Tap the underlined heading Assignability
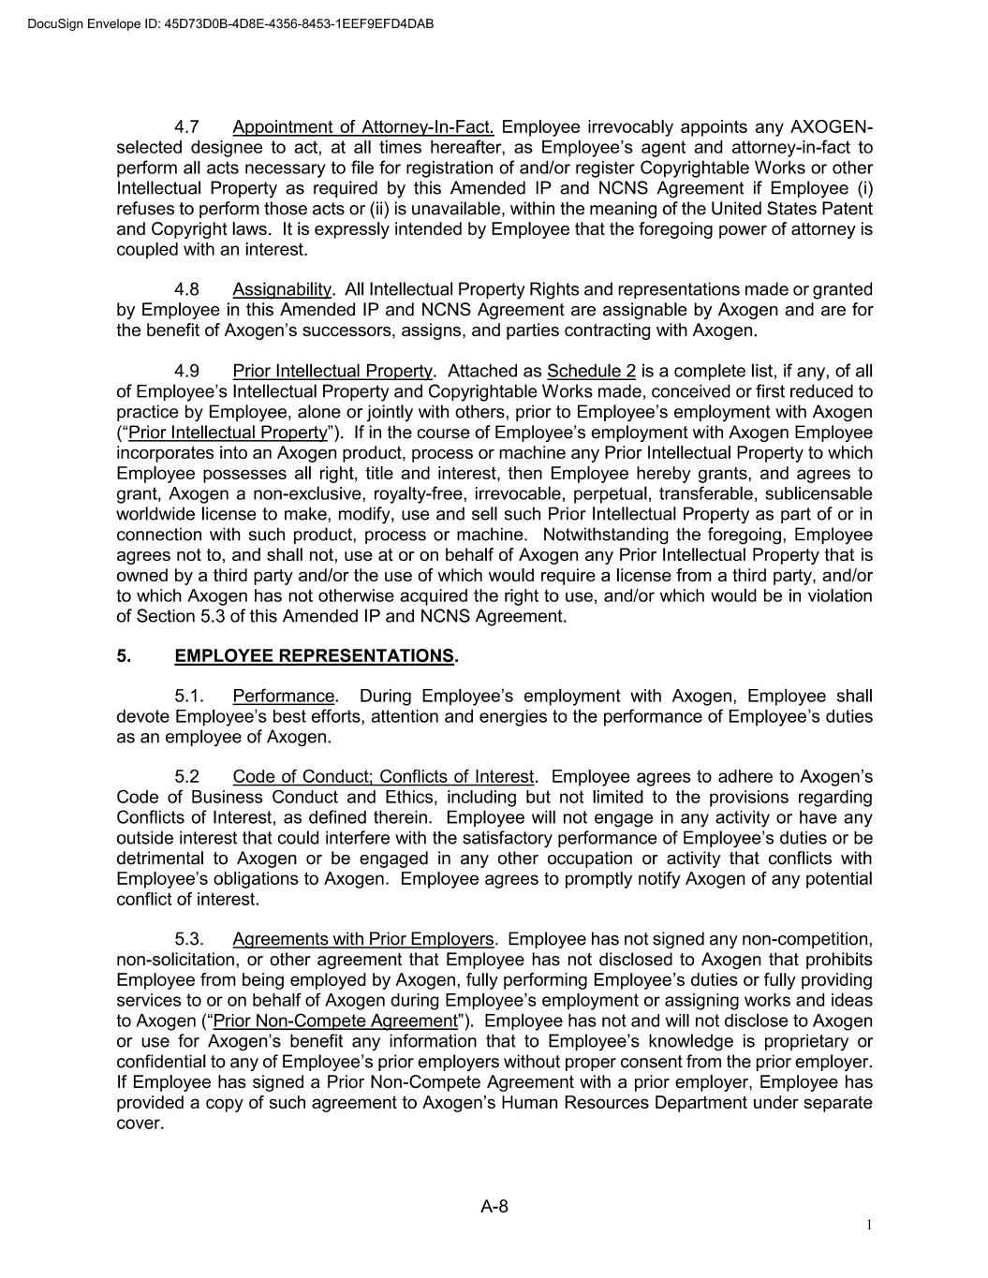click(x=282, y=289)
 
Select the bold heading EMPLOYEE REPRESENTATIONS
click(x=314, y=656)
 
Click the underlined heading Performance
click(x=283, y=697)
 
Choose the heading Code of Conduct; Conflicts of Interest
click(x=383, y=777)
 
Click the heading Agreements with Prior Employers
click(x=362, y=939)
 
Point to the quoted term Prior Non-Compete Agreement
click(x=334, y=1021)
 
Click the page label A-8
click(x=494, y=1207)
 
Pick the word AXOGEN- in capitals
click(x=832, y=127)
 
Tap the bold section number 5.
click(x=123, y=656)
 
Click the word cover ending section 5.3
click(x=139, y=1124)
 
